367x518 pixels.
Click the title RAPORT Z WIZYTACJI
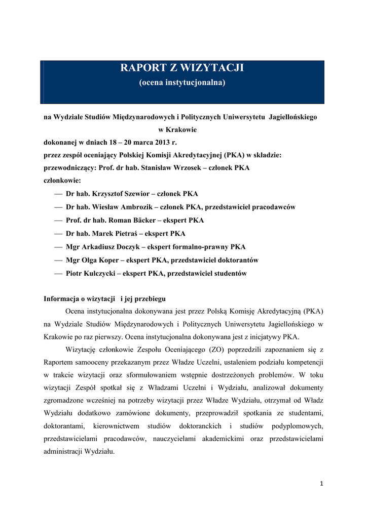click(x=182, y=68)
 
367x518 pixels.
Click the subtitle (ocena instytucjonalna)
click(x=182, y=82)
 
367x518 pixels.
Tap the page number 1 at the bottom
click(x=321, y=484)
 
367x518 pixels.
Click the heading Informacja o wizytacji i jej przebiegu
click(x=104, y=298)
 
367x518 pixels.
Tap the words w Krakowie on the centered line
click(x=181, y=130)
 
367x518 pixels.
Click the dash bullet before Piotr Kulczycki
click(x=57, y=273)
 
